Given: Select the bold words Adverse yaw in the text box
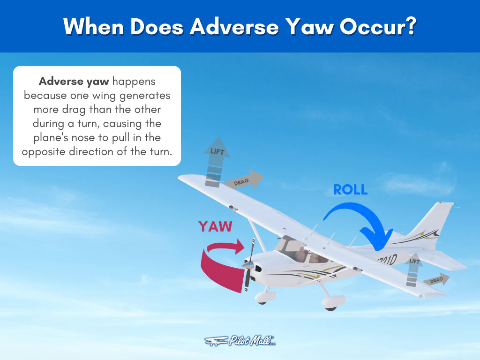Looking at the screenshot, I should [74, 82].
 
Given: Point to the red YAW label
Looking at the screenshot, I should [215, 226].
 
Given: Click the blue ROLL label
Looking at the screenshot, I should [350, 189].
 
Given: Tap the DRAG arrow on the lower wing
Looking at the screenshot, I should [436, 280].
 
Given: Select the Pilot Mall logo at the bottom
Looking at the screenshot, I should [240, 341].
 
